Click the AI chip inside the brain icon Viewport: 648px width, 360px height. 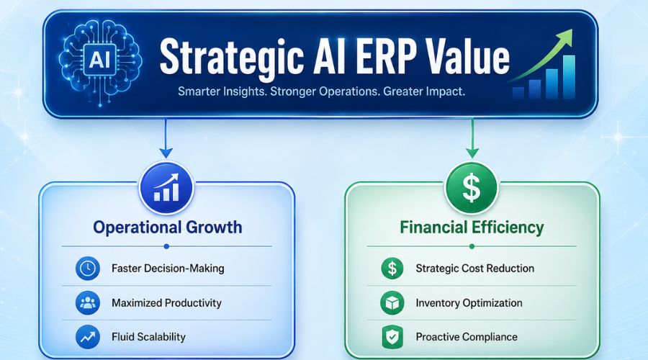click(x=99, y=60)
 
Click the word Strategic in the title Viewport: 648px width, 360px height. click(x=231, y=58)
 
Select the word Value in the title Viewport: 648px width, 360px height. click(x=468, y=57)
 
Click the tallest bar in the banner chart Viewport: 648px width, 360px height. click(x=569, y=77)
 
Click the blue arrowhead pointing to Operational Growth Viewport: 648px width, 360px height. click(x=166, y=153)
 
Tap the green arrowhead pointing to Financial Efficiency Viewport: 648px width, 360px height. click(x=472, y=153)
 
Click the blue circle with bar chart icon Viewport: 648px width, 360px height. click(x=166, y=188)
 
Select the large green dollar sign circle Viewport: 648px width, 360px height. click(x=472, y=188)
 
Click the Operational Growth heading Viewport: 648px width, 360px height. click(x=167, y=228)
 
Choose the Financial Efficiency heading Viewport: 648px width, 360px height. click(x=472, y=228)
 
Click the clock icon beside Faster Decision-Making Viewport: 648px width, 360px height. click(x=88, y=269)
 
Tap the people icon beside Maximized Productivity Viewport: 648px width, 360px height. click(x=88, y=302)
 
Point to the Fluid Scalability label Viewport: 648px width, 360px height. click(x=148, y=337)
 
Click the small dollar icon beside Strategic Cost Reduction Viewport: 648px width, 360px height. click(x=392, y=269)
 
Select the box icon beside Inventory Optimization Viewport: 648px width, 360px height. click(x=392, y=303)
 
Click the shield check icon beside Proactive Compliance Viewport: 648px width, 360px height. click(x=392, y=337)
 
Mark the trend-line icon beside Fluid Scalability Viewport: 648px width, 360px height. click(x=88, y=337)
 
